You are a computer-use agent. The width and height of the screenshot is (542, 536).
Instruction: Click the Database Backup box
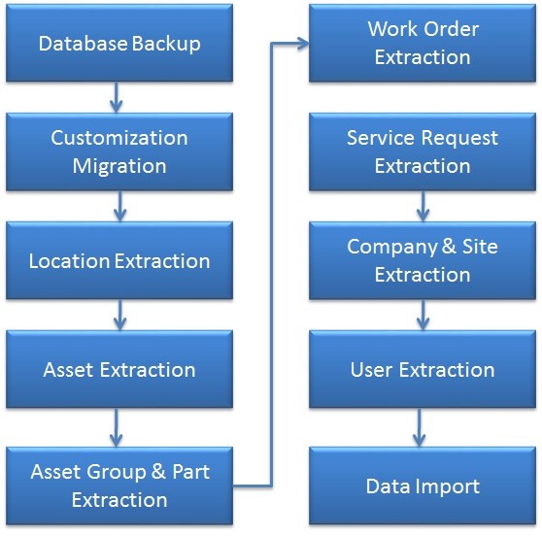pyautogui.click(x=119, y=44)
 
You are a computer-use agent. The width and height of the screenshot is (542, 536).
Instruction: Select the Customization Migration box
pyautogui.click(x=119, y=152)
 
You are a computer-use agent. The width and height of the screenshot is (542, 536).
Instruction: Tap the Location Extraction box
pyautogui.click(x=119, y=261)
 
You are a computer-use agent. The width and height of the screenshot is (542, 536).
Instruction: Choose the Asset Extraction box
pyautogui.click(x=119, y=370)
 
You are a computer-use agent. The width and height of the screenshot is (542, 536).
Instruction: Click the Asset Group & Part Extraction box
pyautogui.click(x=119, y=486)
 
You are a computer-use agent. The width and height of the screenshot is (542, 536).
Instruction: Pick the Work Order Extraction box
pyautogui.click(x=422, y=44)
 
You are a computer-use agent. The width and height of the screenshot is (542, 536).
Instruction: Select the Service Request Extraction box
pyautogui.click(x=422, y=152)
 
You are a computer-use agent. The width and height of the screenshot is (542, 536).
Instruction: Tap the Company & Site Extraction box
pyautogui.click(x=422, y=261)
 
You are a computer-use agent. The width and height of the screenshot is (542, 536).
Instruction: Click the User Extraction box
pyautogui.click(x=422, y=370)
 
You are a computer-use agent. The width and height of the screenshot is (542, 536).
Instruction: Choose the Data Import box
pyautogui.click(x=422, y=486)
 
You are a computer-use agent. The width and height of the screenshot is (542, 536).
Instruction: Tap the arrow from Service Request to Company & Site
pyautogui.click(x=422, y=206)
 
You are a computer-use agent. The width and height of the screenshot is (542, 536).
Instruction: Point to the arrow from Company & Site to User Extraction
pyautogui.click(x=422, y=315)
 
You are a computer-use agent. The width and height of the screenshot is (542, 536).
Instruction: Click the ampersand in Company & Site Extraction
pyautogui.click(x=448, y=248)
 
